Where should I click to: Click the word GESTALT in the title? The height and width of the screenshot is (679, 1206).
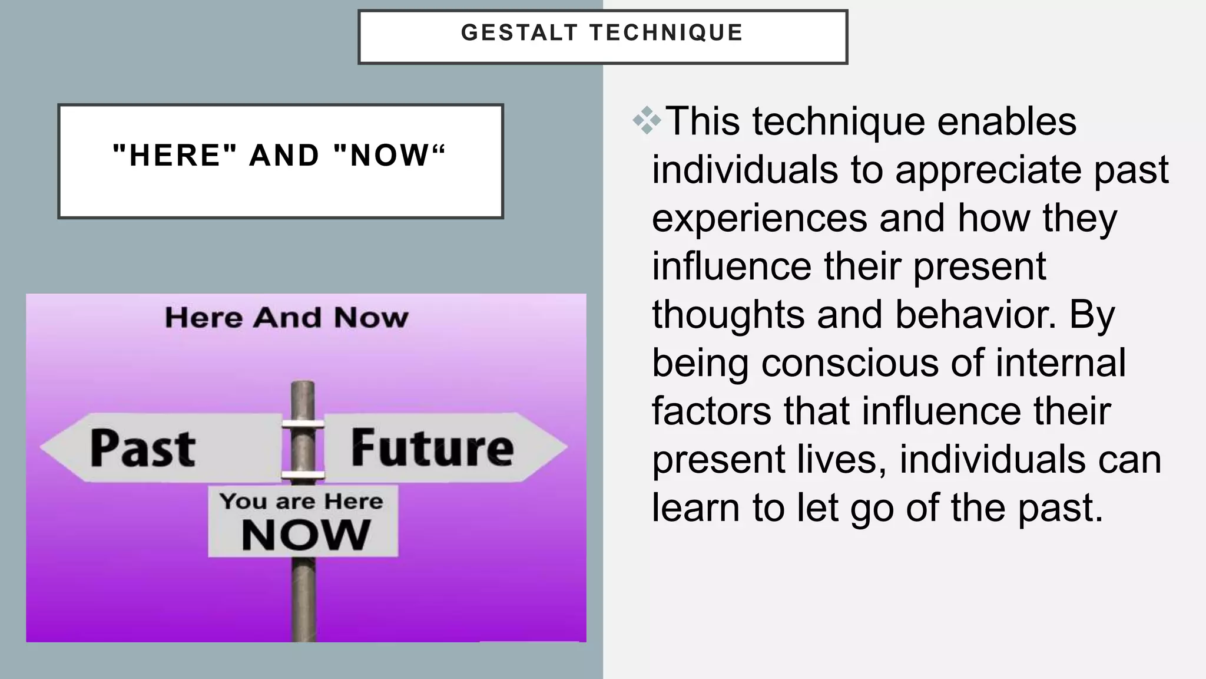pyautogui.click(x=519, y=33)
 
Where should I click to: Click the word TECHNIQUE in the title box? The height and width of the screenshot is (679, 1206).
pyautogui.click(x=667, y=33)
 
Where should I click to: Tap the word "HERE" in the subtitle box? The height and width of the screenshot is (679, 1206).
pyautogui.click(x=174, y=156)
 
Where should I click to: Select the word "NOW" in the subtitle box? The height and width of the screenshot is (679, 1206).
pyautogui.click(x=389, y=156)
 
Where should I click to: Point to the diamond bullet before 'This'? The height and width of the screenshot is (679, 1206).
pyautogui.click(x=647, y=121)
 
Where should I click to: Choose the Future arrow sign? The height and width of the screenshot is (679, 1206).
pyautogui.click(x=432, y=448)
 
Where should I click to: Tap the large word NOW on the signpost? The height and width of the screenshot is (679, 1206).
pyautogui.click(x=306, y=535)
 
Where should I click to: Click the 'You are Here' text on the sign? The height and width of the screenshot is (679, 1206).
pyautogui.click(x=301, y=502)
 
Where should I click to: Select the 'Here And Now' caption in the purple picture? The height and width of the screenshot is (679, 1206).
pyautogui.click(x=286, y=318)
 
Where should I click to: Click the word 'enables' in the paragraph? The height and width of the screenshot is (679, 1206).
pyautogui.click(x=1006, y=121)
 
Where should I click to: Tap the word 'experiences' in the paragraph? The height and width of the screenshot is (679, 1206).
pyautogui.click(x=760, y=218)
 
